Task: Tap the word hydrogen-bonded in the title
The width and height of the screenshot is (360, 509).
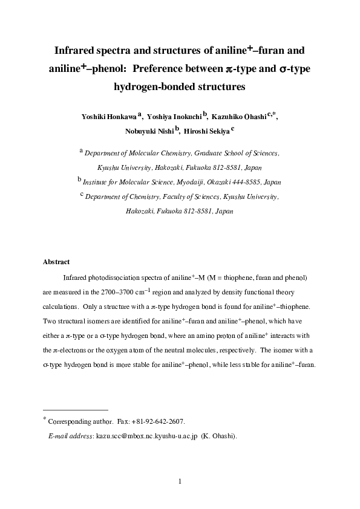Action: (152, 87)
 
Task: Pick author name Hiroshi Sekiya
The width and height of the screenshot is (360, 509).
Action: (205, 133)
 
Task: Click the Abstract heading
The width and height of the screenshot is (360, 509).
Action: (56, 262)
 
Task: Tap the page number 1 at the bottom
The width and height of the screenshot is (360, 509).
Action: (180, 481)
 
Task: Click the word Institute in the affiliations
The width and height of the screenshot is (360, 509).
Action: (96, 182)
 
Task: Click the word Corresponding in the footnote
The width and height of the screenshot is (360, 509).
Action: (73, 421)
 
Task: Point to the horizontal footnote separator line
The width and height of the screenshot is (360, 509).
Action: (75, 409)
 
